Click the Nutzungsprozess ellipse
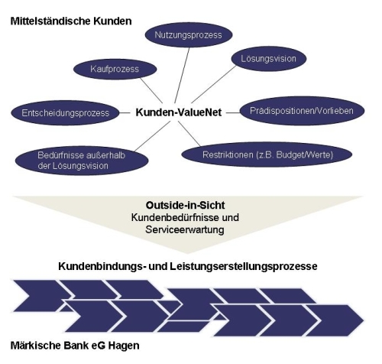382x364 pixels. pos(189,35)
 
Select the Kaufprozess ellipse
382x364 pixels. pos(115,69)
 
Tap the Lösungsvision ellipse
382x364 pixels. pos(269,59)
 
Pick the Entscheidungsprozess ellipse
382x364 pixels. pos(65,113)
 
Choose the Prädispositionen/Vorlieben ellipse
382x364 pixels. pos(302,111)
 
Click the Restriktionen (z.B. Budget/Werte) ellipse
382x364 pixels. pos(267,154)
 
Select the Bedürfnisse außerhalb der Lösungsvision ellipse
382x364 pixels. pos(82,161)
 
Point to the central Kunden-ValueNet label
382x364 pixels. pos(179,112)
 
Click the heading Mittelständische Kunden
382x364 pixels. pos(71,21)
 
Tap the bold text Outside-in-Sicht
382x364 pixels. pos(185,205)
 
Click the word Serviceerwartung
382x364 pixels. pos(185,230)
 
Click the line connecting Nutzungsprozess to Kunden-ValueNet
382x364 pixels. pos(182,75)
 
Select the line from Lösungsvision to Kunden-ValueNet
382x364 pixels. pos(214,84)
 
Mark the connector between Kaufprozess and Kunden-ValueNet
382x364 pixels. pos(151,90)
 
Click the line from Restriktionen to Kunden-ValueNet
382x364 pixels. pos(189,134)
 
